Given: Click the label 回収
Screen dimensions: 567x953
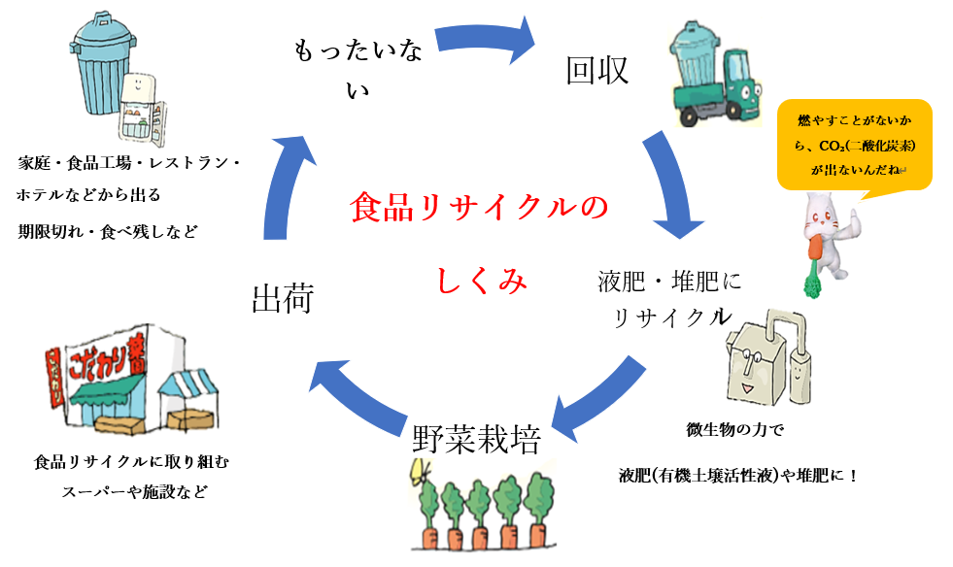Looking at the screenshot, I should (x=597, y=71).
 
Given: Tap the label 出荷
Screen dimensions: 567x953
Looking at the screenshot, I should (x=282, y=298).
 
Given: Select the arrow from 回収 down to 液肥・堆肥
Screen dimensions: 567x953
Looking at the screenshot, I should (x=677, y=184).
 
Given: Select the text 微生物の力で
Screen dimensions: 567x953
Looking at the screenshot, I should (x=734, y=427).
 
